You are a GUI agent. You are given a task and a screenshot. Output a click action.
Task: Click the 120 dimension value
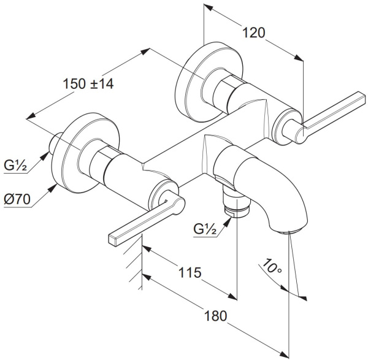pos(253,33)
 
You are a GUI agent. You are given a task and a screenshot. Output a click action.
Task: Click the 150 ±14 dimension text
pos(88,83)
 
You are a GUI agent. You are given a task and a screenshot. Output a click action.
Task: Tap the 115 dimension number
pos(190,272)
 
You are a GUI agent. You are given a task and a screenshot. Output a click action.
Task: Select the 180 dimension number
pos(216,316)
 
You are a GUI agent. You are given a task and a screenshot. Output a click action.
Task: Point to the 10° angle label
pos(272,266)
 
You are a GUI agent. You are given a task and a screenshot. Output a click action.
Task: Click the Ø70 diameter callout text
pos(17,199)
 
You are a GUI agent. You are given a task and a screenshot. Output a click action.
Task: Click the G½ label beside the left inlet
pos(15,166)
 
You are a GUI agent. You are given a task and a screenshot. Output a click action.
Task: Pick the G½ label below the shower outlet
pos(205,229)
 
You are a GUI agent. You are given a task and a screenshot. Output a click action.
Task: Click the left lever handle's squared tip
pos(113,240)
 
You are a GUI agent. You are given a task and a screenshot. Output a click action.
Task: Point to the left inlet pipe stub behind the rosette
pos(53,144)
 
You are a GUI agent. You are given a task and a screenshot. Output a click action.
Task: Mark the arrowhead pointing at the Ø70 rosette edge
pos(53,188)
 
